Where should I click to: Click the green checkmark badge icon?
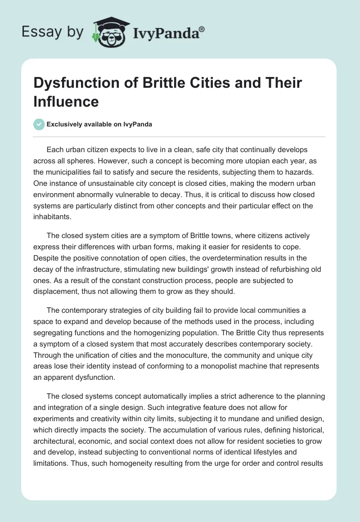pyautogui.click(x=39, y=124)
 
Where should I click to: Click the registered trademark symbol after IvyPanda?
pyautogui.click(x=202, y=30)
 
